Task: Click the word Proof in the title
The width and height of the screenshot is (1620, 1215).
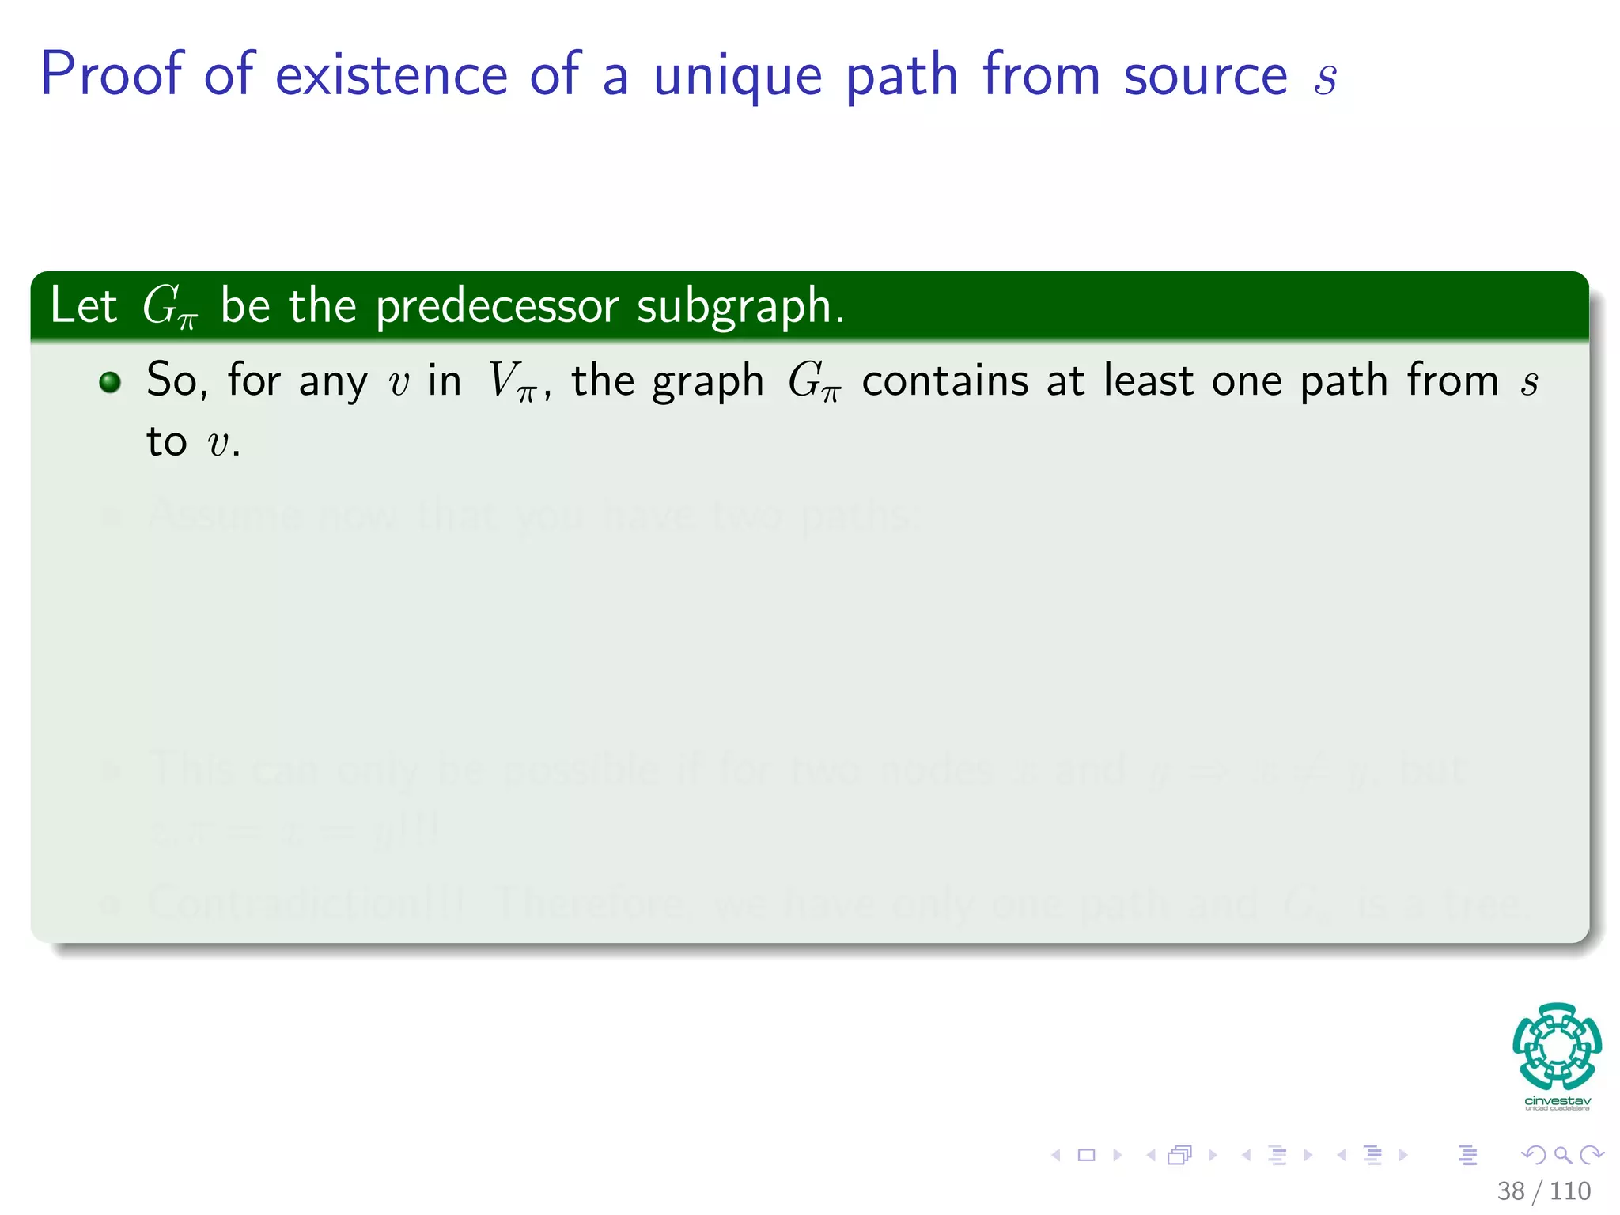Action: coord(112,75)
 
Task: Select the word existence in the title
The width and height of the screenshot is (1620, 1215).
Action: coord(391,75)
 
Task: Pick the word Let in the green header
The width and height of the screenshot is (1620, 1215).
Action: coord(83,305)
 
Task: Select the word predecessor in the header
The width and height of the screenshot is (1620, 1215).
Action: coord(496,307)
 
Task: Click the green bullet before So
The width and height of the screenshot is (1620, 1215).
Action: coord(110,383)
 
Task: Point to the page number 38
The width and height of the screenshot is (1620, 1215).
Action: coord(1510,1190)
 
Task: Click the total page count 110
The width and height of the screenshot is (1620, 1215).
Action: coord(1570,1190)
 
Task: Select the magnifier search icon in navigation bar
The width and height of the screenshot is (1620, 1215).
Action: coord(1562,1155)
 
